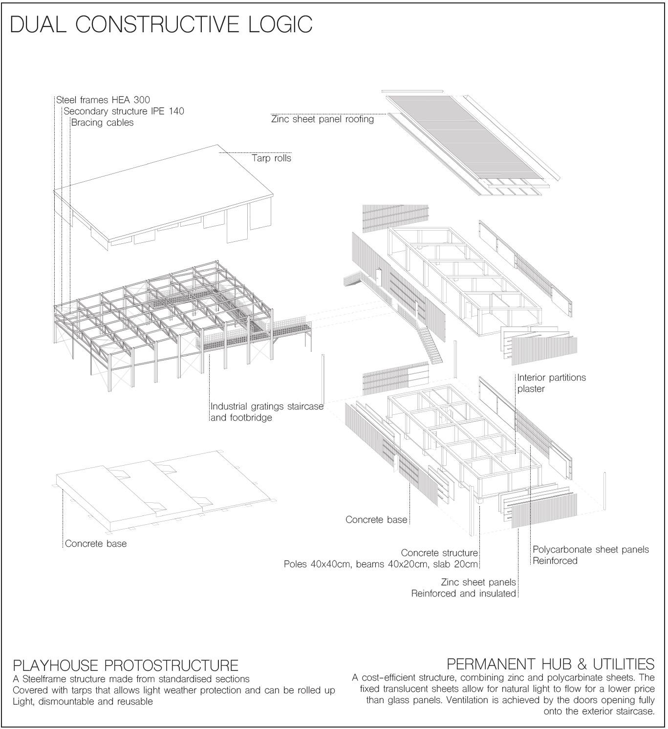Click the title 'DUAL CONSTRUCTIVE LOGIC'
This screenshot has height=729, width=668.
point(161,24)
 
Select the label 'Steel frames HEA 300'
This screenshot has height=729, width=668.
point(103,100)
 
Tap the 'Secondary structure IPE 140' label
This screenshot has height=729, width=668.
point(124,111)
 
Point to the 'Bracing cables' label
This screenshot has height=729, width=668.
point(102,123)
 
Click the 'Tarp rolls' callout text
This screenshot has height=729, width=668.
point(271,158)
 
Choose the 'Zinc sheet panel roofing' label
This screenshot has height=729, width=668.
point(323,119)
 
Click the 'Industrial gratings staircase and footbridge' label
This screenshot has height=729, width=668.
point(267,412)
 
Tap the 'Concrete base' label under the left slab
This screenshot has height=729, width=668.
point(96,544)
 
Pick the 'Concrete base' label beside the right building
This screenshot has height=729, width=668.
point(376,520)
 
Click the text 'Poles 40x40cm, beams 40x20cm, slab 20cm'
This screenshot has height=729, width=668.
point(381,565)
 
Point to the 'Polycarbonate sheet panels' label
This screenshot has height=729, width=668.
point(590,550)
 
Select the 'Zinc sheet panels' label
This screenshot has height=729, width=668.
point(478,582)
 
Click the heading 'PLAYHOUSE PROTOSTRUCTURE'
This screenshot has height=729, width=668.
point(126,665)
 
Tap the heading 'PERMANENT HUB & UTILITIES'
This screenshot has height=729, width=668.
point(550,665)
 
